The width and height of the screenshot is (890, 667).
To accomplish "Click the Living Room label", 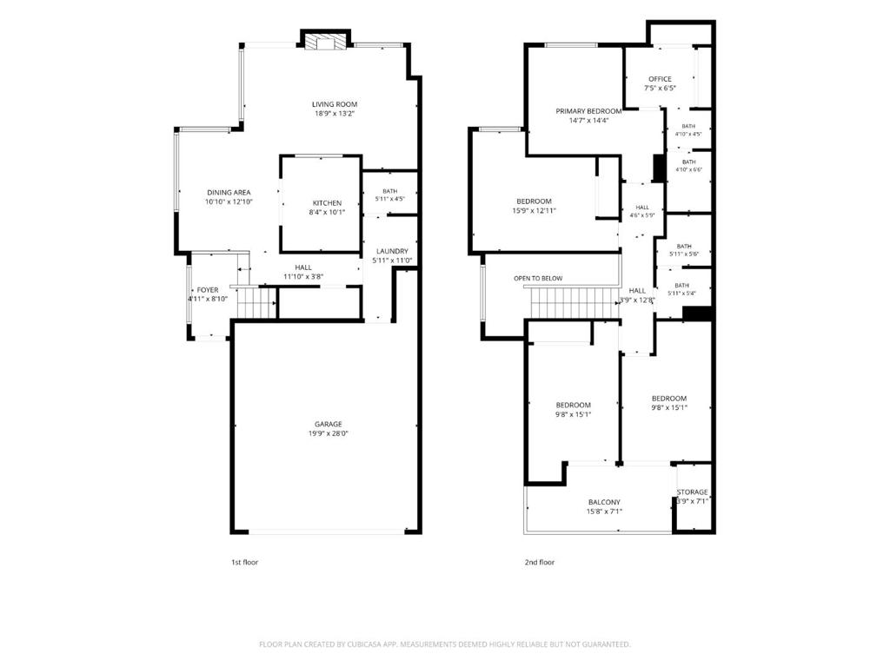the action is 335,104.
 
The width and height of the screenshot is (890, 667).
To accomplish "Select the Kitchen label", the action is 327,203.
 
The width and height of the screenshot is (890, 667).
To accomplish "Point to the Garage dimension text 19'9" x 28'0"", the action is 328,434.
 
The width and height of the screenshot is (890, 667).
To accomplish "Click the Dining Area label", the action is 229,193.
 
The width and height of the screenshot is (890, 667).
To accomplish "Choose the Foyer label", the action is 208,290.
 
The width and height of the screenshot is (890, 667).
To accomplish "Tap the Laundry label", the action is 392,251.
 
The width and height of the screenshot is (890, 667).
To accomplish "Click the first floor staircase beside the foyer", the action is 256,303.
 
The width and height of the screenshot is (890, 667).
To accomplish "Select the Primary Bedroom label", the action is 588,111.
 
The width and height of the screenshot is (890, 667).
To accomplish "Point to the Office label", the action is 661,79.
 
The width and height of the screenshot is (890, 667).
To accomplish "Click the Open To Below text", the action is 538,279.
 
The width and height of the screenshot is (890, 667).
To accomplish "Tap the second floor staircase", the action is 575,302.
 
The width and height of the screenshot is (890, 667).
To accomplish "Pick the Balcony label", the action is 605,503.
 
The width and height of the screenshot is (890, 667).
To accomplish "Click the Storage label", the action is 693,492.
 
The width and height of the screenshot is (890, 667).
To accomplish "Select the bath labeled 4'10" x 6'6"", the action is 689,166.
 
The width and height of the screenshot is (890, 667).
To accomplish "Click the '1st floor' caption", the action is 244,563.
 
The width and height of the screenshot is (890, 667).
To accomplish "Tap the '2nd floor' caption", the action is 539,563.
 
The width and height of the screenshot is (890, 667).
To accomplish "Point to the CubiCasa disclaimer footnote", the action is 445,645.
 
